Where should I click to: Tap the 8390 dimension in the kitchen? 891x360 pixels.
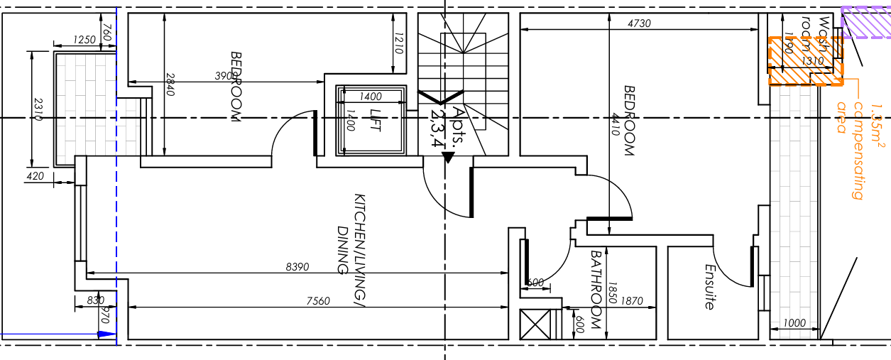(297, 267)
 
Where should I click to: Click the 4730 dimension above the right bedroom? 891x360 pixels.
(639, 23)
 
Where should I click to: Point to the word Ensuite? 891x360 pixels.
(709, 287)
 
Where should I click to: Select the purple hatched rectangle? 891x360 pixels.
(865, 22)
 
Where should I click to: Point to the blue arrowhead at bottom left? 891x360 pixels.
(106, 333)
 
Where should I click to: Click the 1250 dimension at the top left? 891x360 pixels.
(84, 40)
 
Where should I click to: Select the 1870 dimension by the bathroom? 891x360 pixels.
(631, 301)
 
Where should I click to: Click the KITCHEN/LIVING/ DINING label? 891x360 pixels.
(351, 234)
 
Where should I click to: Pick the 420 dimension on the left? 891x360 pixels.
(34, 176)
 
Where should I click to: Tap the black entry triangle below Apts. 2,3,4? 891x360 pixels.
(447, 158)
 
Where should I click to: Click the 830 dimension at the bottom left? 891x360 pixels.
(95, 301)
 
